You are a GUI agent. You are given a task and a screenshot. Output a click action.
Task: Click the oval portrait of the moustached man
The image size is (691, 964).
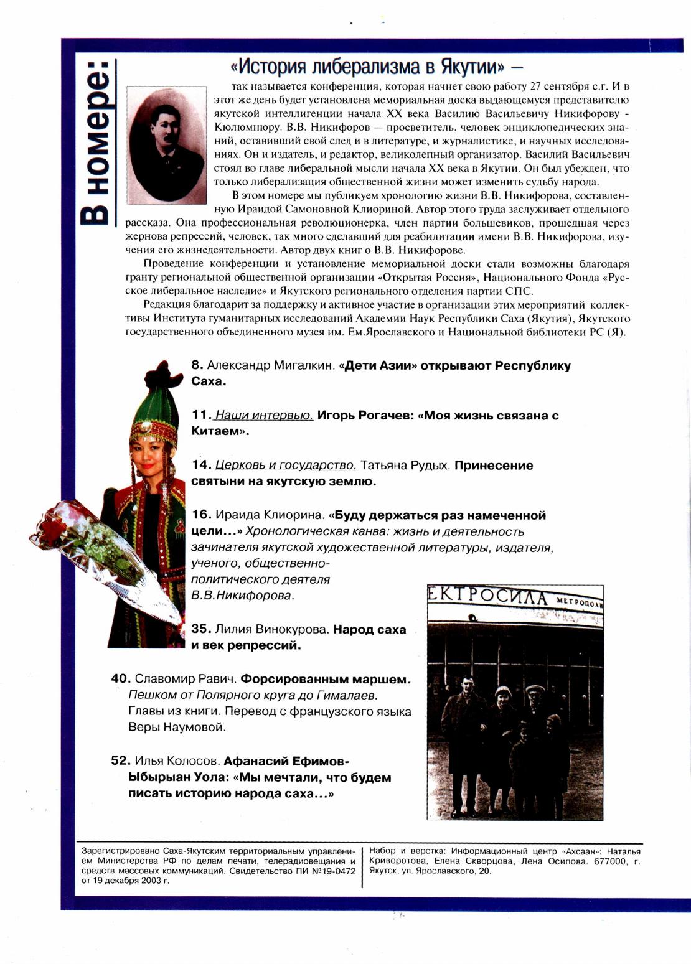pyautogui.click(x=166, y=145)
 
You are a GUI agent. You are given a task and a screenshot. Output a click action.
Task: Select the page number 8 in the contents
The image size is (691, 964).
pyautogui.click(x=197, y=366)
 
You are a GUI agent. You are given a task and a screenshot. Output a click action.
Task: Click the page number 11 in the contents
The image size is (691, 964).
pyautogui.click(x=200, y=415)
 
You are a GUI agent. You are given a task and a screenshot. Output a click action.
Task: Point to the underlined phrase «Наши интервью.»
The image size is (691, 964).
pyautogui.click(x=263, y=415)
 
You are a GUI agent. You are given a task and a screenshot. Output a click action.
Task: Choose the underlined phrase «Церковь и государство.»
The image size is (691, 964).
pyautogui.click(x=286, y=465)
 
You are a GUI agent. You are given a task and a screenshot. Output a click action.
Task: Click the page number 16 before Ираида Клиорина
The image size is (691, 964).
pyautogui.click(x=202, y=515)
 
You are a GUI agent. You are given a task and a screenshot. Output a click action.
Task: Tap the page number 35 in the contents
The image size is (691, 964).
pyautogui.click(x=201, y=629)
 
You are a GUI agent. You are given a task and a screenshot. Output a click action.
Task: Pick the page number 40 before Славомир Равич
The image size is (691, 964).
pyautogui.click(x=121, y=679)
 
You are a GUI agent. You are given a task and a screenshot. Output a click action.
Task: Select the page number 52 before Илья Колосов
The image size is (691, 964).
pyautogui.click(x=121, y=760)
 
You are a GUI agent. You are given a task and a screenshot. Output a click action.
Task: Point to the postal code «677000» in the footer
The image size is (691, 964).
pyautogui.click(x=613, y=862)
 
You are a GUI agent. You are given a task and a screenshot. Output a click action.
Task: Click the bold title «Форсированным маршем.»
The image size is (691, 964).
pyautogui.click(x=326, y=679)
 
